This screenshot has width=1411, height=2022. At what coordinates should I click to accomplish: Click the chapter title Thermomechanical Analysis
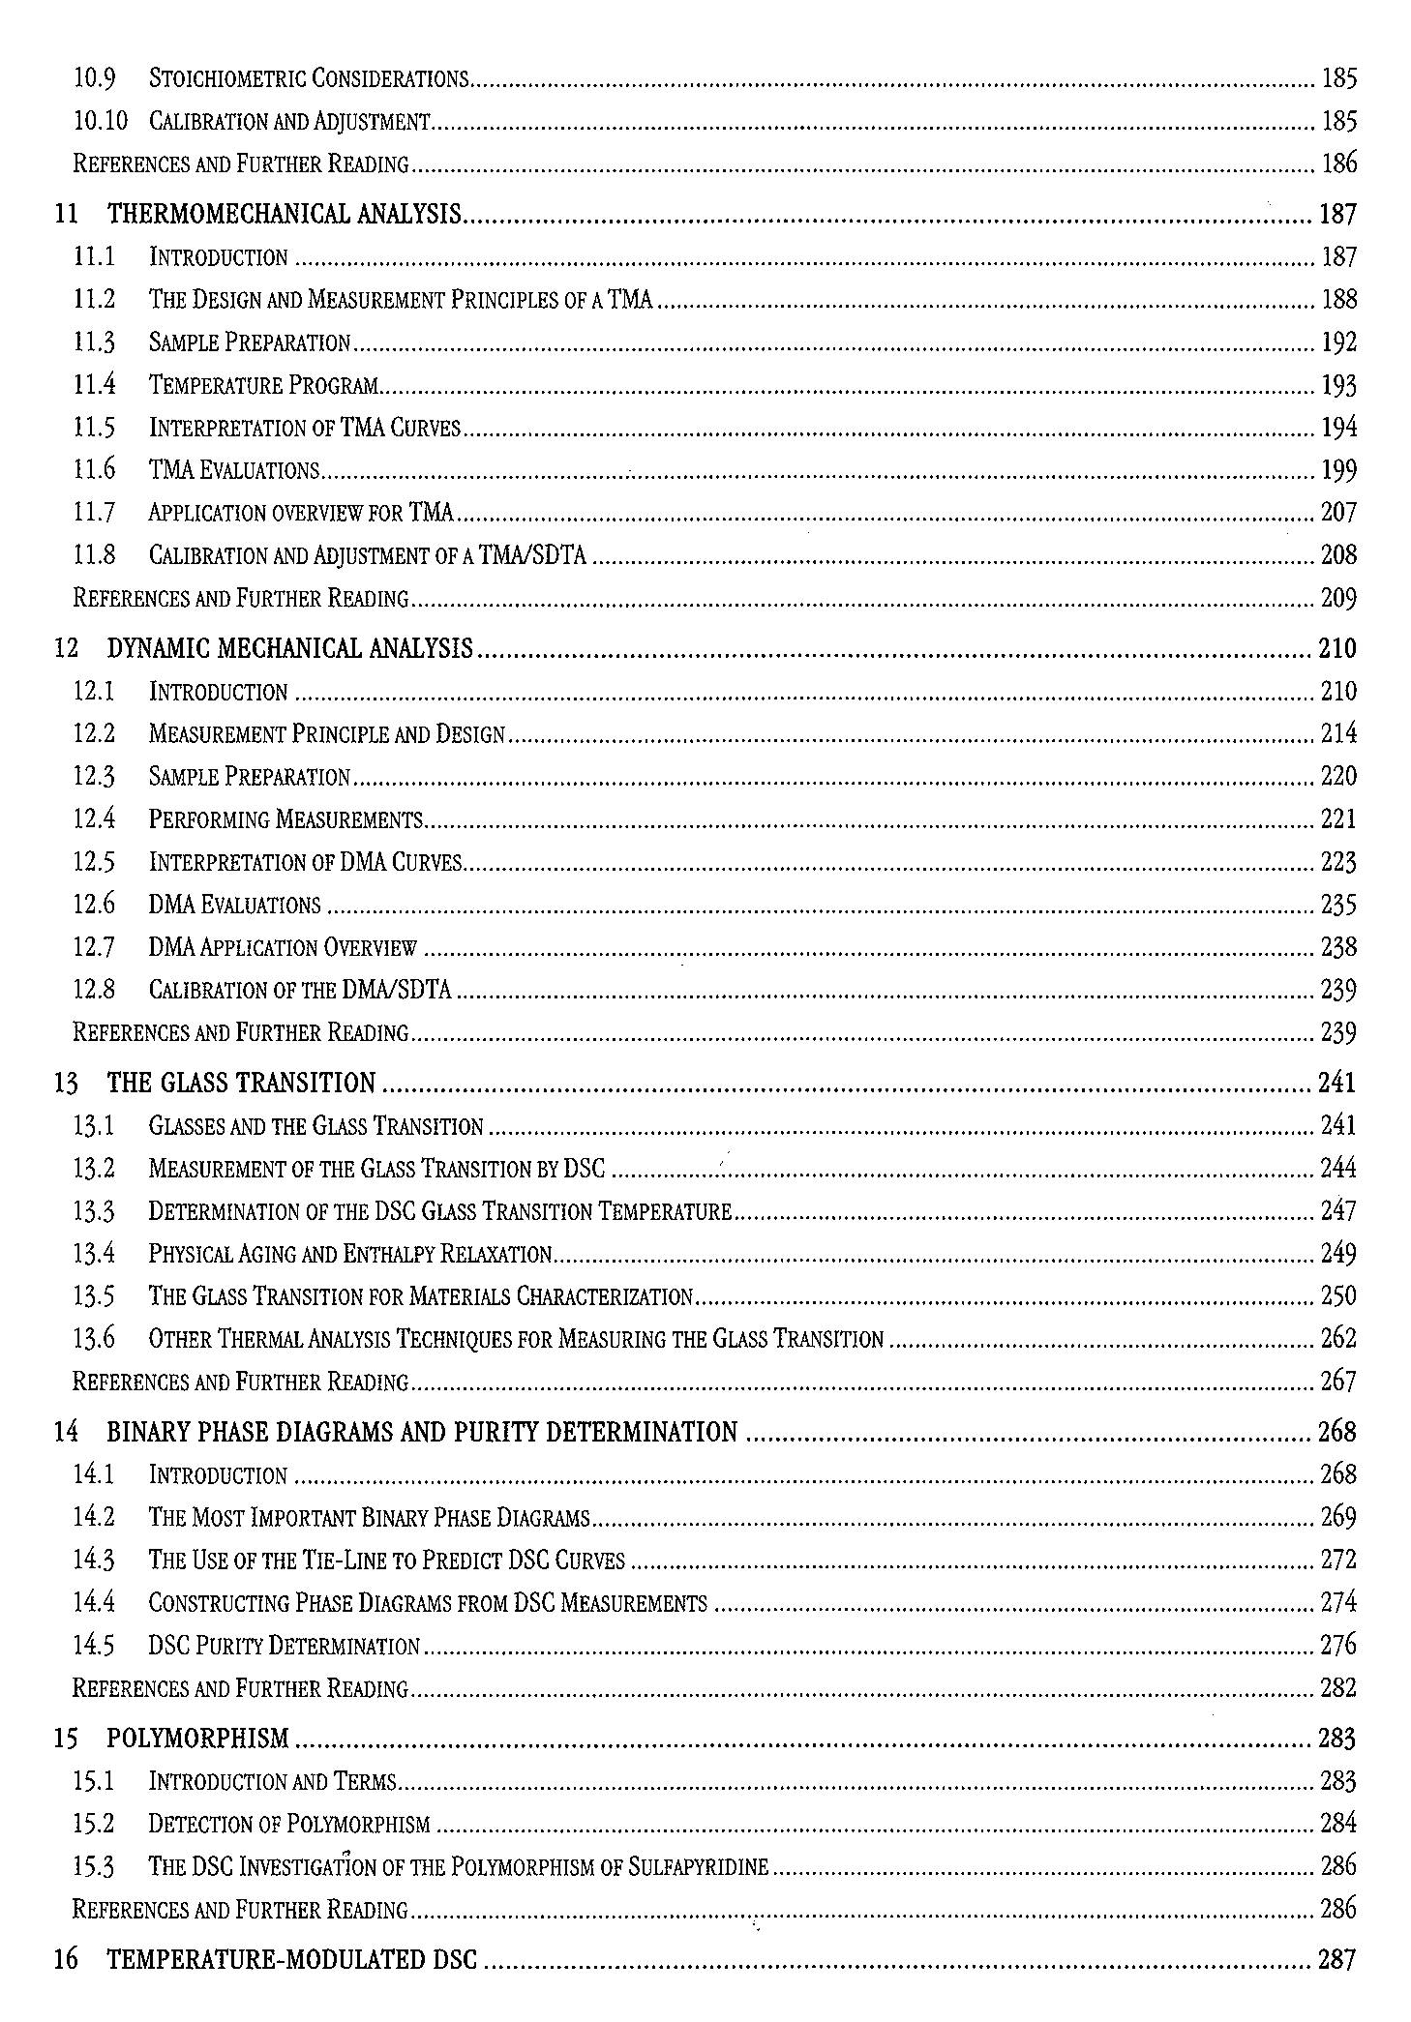click(x=285, y=214)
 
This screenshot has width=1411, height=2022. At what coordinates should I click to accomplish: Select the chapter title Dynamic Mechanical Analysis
click(x=290, y=648)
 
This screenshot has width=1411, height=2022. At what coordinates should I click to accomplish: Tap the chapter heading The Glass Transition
click(x=241, y=1083)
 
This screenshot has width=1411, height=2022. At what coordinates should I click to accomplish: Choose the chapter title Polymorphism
click(x=197, y=1739)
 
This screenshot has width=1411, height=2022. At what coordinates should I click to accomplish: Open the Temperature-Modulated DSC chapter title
click(x=292, y=1960)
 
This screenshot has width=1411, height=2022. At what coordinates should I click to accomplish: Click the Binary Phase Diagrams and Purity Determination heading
click(x=422, y=1432)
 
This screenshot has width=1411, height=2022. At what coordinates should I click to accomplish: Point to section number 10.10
click(x=101, y=121)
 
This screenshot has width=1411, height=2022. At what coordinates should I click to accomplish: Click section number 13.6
click(x=94, y=1339)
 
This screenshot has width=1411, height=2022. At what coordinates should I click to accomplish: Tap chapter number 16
click(x=66, y=1960)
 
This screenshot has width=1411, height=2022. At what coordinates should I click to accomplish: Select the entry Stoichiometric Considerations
click(x=309, y=78)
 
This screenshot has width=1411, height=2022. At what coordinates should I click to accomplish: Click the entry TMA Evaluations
click(x=234, y=470)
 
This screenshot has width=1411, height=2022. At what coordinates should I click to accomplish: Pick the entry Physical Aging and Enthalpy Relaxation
click(x=349, y=1254)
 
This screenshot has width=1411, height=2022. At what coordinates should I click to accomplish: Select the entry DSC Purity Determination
click(x=285, y=1646)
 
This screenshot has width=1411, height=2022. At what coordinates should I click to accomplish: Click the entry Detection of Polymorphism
click(x=289, y=1825)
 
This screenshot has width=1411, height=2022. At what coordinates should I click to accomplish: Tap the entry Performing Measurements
click(x=286, y=819)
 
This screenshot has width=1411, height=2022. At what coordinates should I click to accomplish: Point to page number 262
click(x=1338, y=1339)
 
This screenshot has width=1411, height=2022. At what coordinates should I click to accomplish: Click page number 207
click(x=1338, y=512)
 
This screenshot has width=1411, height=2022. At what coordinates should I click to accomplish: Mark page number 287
click(x=1337, y=1960)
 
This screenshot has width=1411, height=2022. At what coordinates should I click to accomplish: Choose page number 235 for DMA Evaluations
click(x=1338, y=905)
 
